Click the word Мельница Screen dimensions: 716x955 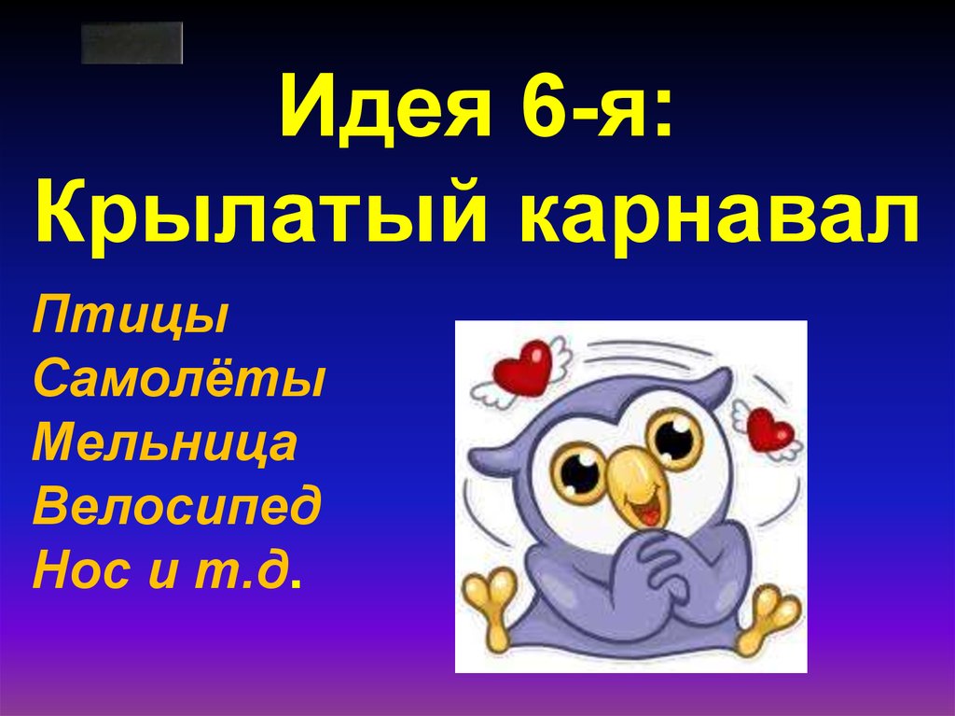pyautogui.click(x=165, y=443)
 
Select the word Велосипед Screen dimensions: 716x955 pyautogui.click(x=176, y=507)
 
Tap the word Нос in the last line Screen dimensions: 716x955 pyautogui.click(x=78, y=569)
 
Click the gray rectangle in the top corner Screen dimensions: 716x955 pyautogui.click(x=131, y=43)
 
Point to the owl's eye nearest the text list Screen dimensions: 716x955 pyautogui.click(x=581, y=470)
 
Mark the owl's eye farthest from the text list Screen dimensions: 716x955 pyautogui.click(x=674, y=438)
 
